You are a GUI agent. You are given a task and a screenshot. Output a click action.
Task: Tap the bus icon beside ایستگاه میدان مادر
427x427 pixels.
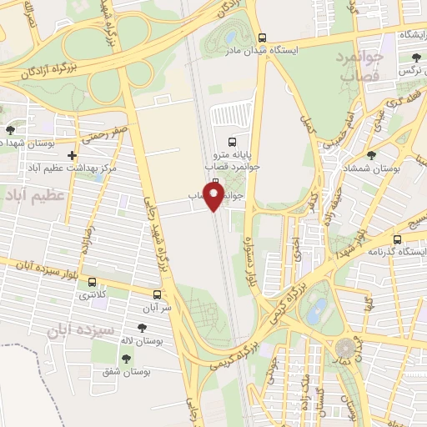262,38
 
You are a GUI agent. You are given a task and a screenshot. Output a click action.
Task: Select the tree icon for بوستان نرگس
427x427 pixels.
415,58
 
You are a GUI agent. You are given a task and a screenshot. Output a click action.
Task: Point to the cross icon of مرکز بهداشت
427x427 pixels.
73,155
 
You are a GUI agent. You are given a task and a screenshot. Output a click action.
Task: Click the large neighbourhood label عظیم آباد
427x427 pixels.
34,195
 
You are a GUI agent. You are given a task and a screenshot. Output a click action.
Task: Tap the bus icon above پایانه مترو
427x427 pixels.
232,141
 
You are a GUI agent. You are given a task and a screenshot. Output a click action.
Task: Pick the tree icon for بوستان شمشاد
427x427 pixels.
371,154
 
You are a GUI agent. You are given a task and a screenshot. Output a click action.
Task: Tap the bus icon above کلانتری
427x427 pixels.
92,282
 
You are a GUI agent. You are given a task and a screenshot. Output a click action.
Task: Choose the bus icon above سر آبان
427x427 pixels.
157,294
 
